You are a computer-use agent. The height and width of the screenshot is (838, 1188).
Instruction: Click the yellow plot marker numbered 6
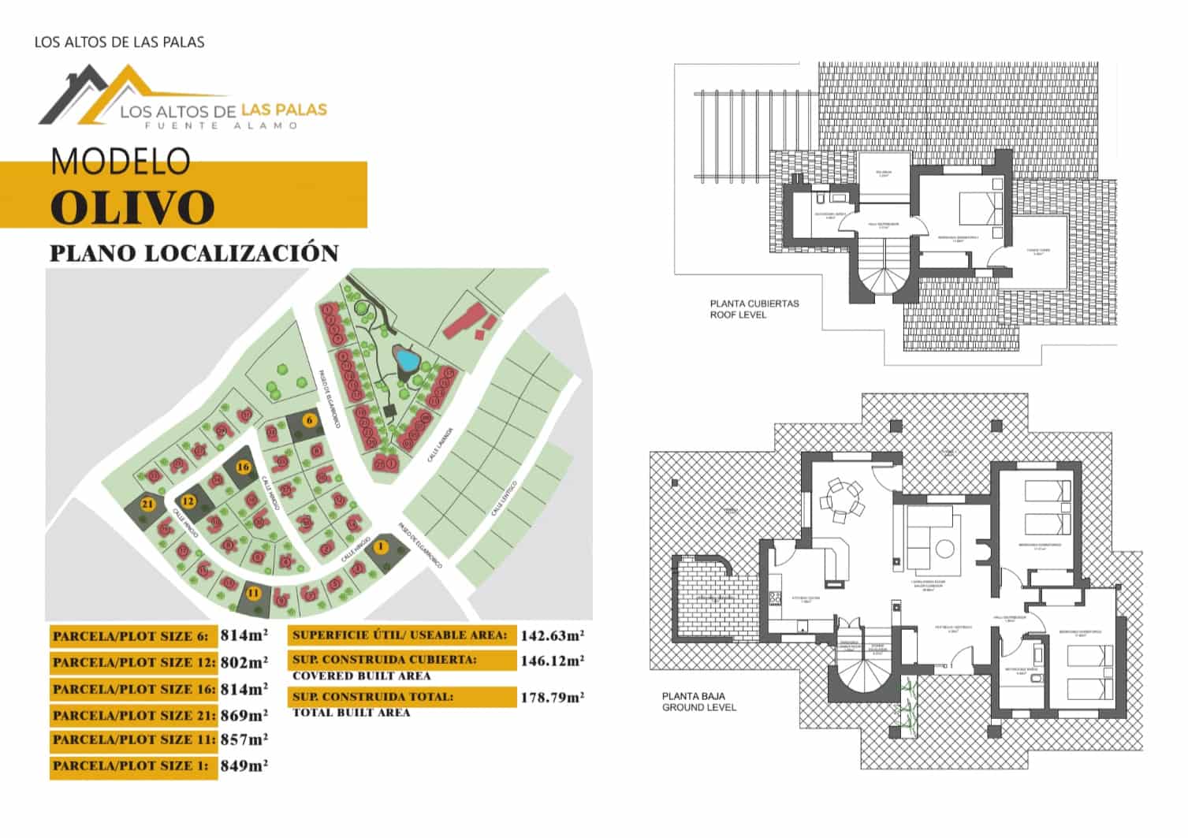click(310, 420)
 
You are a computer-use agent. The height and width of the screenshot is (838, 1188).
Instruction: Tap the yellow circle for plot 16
click(244, 467)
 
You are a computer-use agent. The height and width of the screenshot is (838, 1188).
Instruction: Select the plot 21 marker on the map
click(147, 503)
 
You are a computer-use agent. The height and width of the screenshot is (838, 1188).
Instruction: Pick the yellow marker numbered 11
click(254, 593)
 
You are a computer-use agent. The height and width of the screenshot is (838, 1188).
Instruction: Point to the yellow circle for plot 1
click(382, 546)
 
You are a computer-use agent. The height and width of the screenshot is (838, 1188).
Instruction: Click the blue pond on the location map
click(407, 360)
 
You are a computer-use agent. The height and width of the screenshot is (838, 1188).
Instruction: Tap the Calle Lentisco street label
click(504, 497)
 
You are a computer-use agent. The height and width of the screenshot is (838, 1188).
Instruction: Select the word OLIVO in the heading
click(132, 207)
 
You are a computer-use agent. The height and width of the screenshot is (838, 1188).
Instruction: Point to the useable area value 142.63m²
click(551, 635)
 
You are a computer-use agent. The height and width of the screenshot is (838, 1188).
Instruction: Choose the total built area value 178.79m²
click(551, 698)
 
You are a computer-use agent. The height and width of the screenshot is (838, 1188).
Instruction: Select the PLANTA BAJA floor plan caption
click(698, 702)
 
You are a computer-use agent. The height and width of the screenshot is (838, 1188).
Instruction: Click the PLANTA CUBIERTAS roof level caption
click(754, 309)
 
